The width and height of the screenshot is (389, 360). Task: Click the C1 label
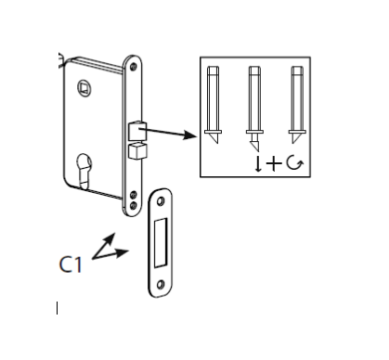click(x=71, y=264)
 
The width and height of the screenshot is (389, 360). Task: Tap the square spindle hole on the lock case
click(x=84, y=88)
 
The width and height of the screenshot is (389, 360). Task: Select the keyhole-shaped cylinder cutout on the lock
click(x=84, y=170)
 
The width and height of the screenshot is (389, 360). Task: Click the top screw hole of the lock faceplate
click(x=134, y=67)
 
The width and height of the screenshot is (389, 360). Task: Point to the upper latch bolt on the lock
click(x=137, y=131)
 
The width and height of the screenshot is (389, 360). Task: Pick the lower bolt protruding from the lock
click(x=137, y=151)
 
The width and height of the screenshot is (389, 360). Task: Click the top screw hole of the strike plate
click(x=161, y=201)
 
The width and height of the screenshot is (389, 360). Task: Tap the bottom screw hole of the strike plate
click(x=161, y=285)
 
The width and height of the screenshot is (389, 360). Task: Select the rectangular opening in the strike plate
click(x=161, y=242)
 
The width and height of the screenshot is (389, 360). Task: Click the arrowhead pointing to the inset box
click(x=189, y=135)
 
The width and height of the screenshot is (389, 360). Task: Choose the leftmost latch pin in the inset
click(x=213, y=105)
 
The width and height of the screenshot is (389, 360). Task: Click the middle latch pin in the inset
click(x=254, y=109)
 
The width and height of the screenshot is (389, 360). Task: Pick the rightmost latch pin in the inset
click(x=297, y=105)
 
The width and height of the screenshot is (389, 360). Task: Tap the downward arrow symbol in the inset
click(x=258, y=164)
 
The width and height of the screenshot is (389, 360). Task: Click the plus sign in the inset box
click(x=274, y=163)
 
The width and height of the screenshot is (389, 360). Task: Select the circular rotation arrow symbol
click(x=294, y=163)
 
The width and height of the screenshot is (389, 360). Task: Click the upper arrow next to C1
click(x=103, y=246)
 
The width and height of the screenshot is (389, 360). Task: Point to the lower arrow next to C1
click(x=110, y=254)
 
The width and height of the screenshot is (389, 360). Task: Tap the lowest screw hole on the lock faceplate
click(x=134, y=205)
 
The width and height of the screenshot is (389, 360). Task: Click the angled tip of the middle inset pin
click(x=255, y=146)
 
